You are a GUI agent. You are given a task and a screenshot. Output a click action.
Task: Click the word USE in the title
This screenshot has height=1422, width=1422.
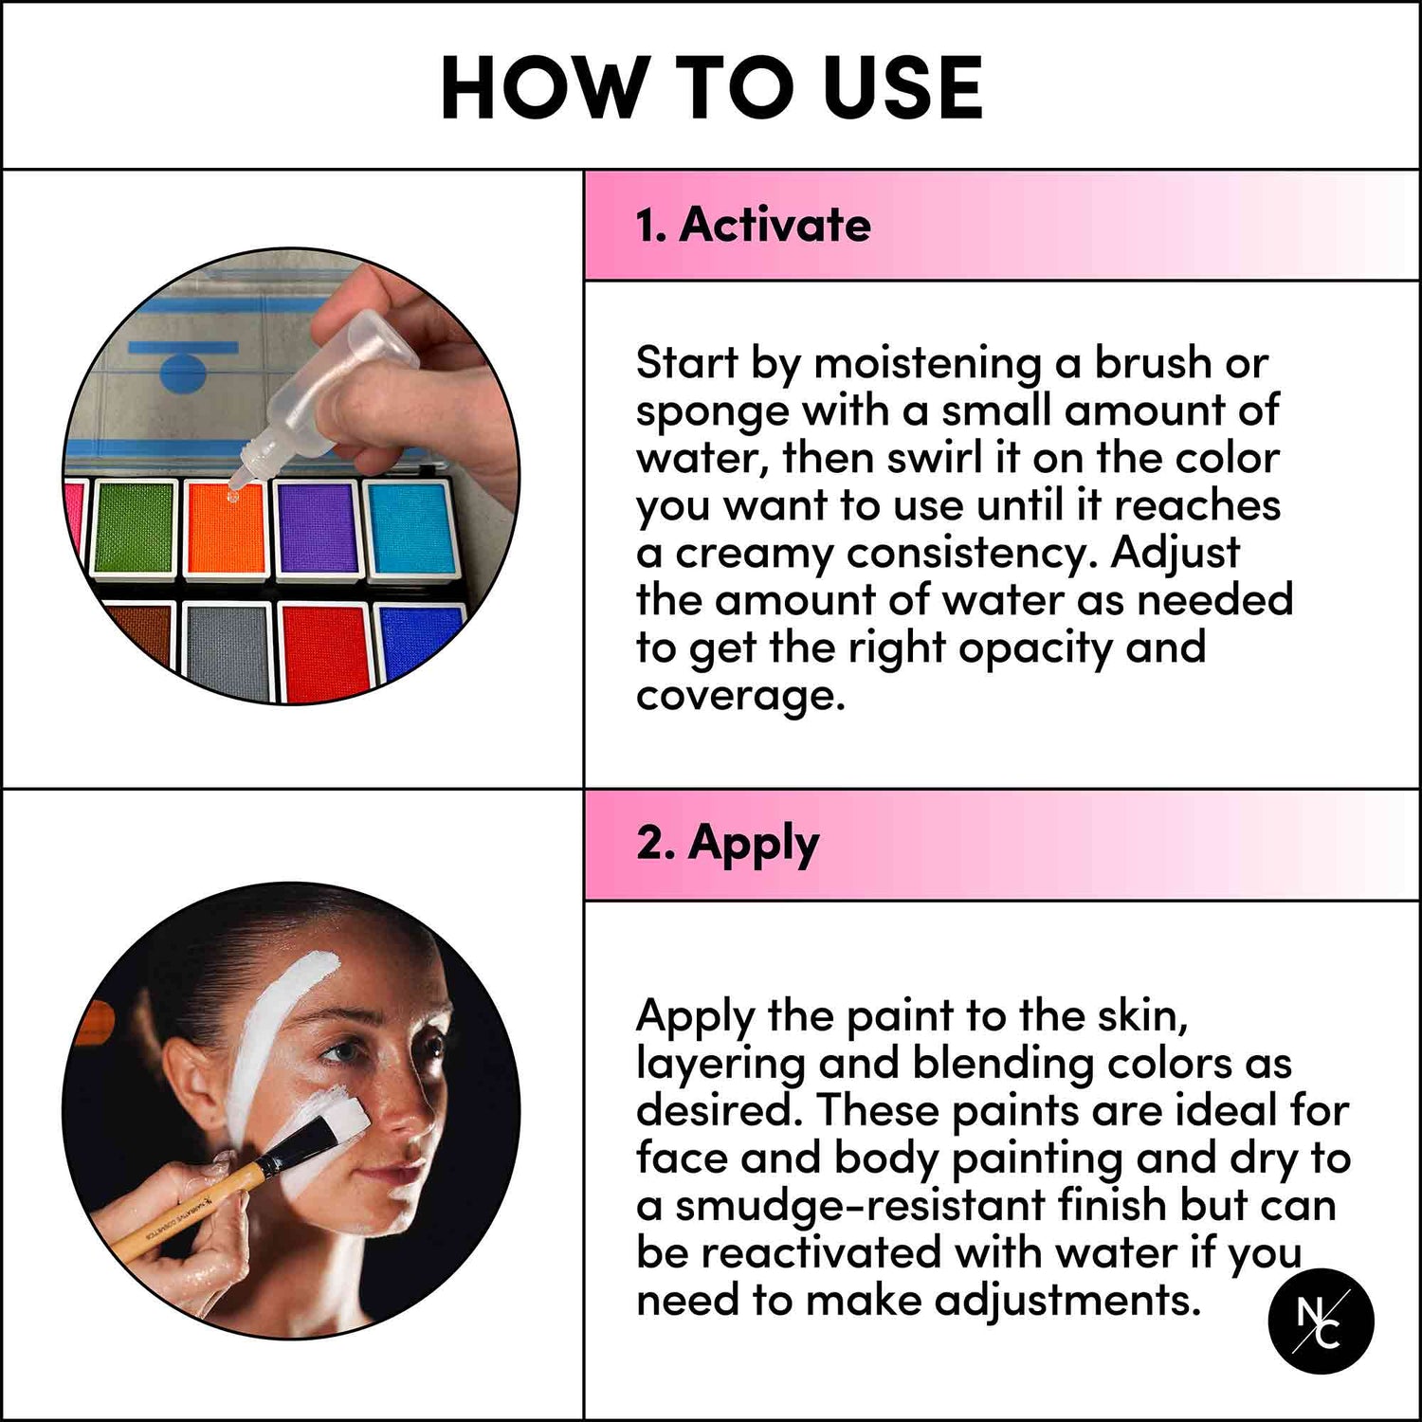coord(902,87)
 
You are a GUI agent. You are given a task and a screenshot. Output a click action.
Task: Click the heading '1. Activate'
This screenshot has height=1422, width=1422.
coord(753,226)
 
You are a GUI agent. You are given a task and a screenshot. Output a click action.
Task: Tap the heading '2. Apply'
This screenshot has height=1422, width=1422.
coord(727,843)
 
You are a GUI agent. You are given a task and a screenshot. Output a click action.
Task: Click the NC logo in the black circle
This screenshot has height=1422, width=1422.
coord(1321,1322)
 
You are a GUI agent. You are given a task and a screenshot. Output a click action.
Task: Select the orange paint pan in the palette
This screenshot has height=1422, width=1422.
coord(225,527)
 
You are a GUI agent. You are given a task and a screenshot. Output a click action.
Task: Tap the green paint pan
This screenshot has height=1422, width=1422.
coord(135,527)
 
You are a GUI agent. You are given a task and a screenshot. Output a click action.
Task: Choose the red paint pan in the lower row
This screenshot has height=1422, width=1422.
coord(324,649)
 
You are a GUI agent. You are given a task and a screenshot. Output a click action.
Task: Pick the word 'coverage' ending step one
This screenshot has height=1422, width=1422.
coord(739,696)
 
